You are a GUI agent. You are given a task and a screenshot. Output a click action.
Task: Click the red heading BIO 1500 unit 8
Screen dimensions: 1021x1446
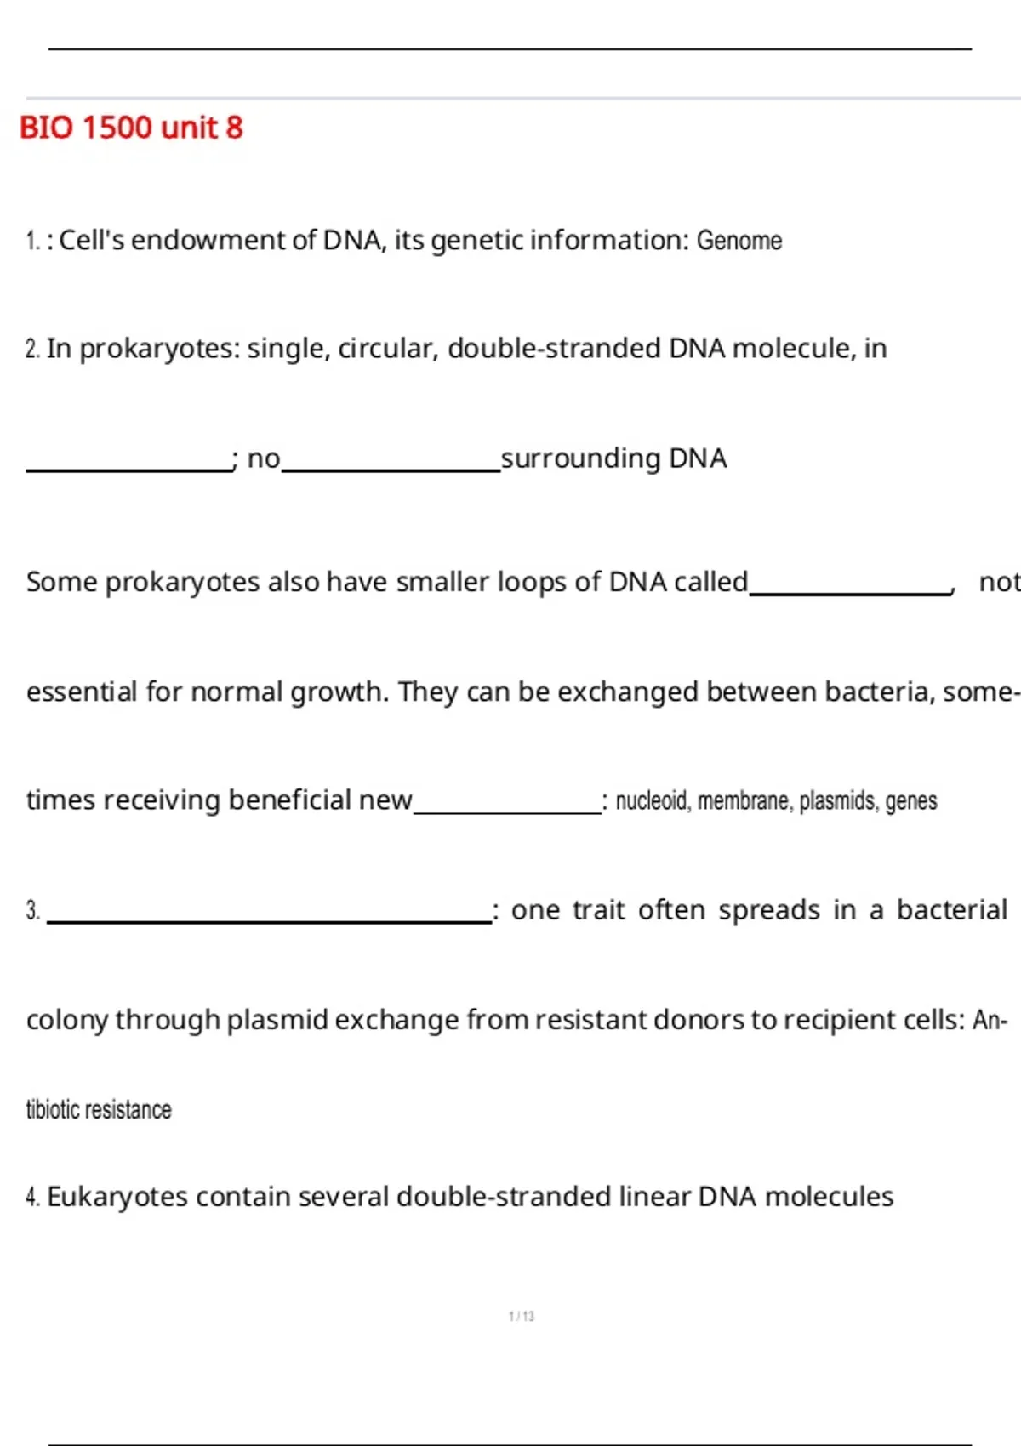click(x=131, y=128)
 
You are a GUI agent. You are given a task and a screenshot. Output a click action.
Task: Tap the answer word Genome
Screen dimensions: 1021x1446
click(x=739, y=241)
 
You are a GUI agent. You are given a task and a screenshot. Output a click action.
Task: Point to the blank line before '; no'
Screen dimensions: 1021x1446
click(x=129, y=470)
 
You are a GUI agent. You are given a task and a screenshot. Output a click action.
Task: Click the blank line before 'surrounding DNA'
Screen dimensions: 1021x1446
click(x=391, y=470)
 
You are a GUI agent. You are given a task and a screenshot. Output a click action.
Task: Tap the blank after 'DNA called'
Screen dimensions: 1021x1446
click(x=850, y=593)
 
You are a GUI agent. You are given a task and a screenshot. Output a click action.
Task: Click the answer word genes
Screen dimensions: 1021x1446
click(x=911, y=802)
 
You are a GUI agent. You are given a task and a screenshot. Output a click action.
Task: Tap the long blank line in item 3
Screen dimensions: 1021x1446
click(x=270, y=922)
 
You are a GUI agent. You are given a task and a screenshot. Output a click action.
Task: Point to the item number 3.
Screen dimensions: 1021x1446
click(x=33, y=911)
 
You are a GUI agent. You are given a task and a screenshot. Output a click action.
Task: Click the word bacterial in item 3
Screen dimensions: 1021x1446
click(x=952, y=909)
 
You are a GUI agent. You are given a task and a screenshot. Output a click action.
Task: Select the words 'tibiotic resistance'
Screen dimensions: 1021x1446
click(x=99, y=1110)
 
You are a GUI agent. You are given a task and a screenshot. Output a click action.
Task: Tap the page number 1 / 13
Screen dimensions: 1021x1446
click(x=522, y=1316)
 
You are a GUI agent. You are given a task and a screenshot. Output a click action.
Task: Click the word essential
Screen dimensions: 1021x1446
click(x=82, y=692)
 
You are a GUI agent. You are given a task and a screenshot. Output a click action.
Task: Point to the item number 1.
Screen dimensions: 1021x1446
click(x=32, y=241)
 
